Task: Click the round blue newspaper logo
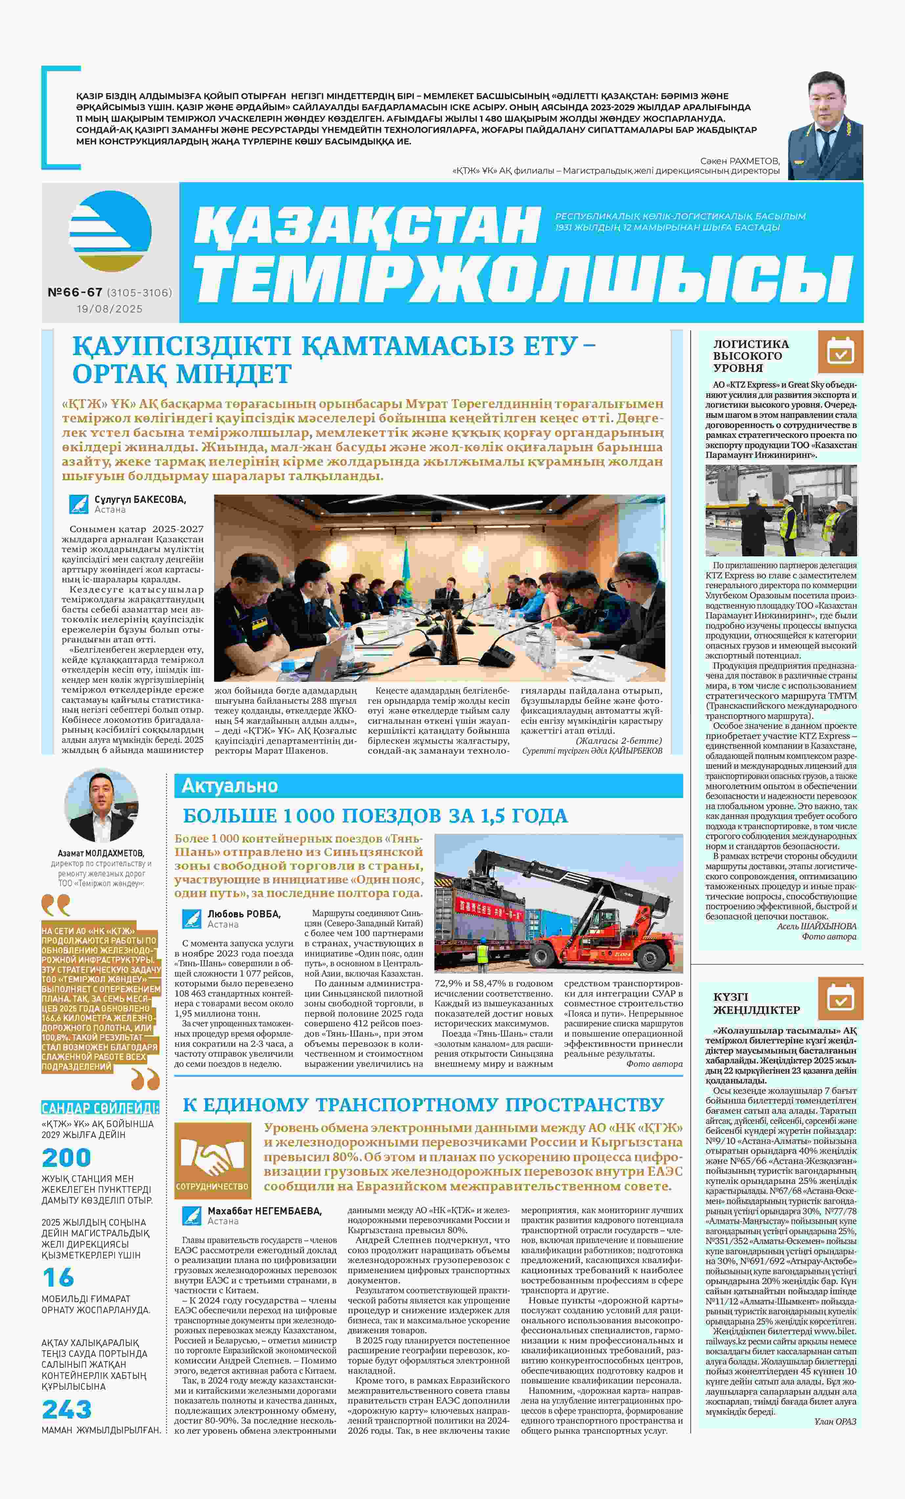pos(110,231)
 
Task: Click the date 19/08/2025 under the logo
pos(110,309)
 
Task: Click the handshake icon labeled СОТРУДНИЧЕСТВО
pos(212,1161)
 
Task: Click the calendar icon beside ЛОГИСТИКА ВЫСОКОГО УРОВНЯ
pos(841,352)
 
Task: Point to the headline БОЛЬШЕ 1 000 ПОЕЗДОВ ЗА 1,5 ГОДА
pos(375,816)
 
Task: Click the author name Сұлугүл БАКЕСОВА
pos(140,500)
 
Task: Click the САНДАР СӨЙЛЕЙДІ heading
pos(100,1108)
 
